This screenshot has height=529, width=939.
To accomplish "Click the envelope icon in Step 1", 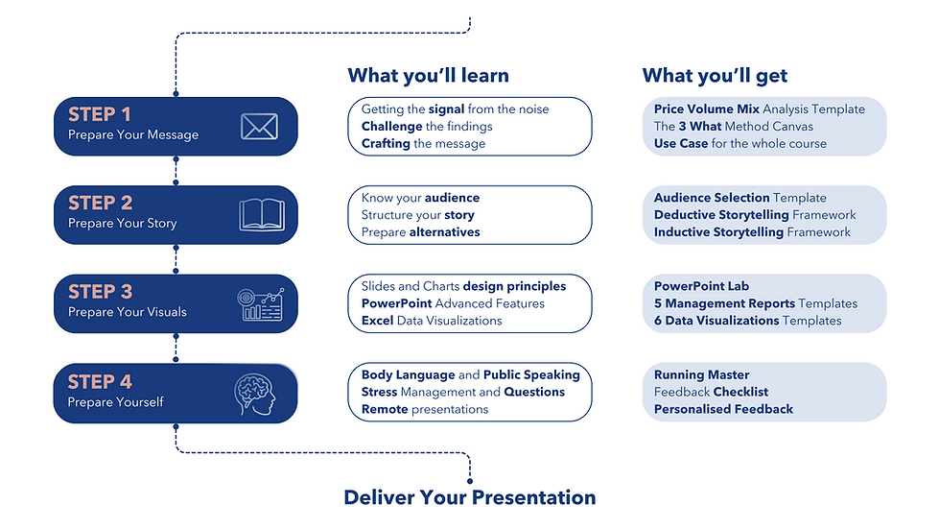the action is click(x=259, y=127).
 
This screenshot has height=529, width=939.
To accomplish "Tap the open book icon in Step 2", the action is click(x=262, y=214).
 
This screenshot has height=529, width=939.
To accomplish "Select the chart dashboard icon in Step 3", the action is click(x=261, y=303).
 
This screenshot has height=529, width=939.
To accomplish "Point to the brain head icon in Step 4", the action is click(x=254, y=395).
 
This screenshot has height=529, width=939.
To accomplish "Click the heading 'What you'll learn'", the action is click(x=428, y=76).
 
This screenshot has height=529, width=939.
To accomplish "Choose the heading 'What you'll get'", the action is click(x=715, y=76).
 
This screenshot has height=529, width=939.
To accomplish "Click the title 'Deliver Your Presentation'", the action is click(x=470, y=497).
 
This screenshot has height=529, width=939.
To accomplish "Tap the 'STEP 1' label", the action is click(x=100, y=114).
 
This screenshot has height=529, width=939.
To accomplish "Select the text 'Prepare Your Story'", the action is click(x=122, y=223).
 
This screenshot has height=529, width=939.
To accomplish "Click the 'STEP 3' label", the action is click(x=100, y=291).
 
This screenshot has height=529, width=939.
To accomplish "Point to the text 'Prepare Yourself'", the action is click(x=116, y=402).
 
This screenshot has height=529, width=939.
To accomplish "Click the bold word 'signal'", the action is click(x=446, y=109).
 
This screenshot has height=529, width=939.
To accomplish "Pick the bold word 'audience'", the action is click(x=452, y=198).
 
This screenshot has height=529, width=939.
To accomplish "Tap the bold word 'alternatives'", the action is click(x=445, y=231).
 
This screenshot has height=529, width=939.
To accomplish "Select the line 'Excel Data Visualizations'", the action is click(x=432, y=321).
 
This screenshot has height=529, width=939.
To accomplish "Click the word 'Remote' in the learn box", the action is click(x=384, y=409).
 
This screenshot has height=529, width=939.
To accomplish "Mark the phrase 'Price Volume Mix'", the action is click(x=707, y=109).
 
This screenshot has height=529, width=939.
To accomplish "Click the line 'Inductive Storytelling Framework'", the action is click(x=752, y=231).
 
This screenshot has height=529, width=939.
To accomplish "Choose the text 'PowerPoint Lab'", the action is click(x=701, y=286).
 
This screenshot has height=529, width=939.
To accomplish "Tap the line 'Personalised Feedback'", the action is click(x=723, y=409).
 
